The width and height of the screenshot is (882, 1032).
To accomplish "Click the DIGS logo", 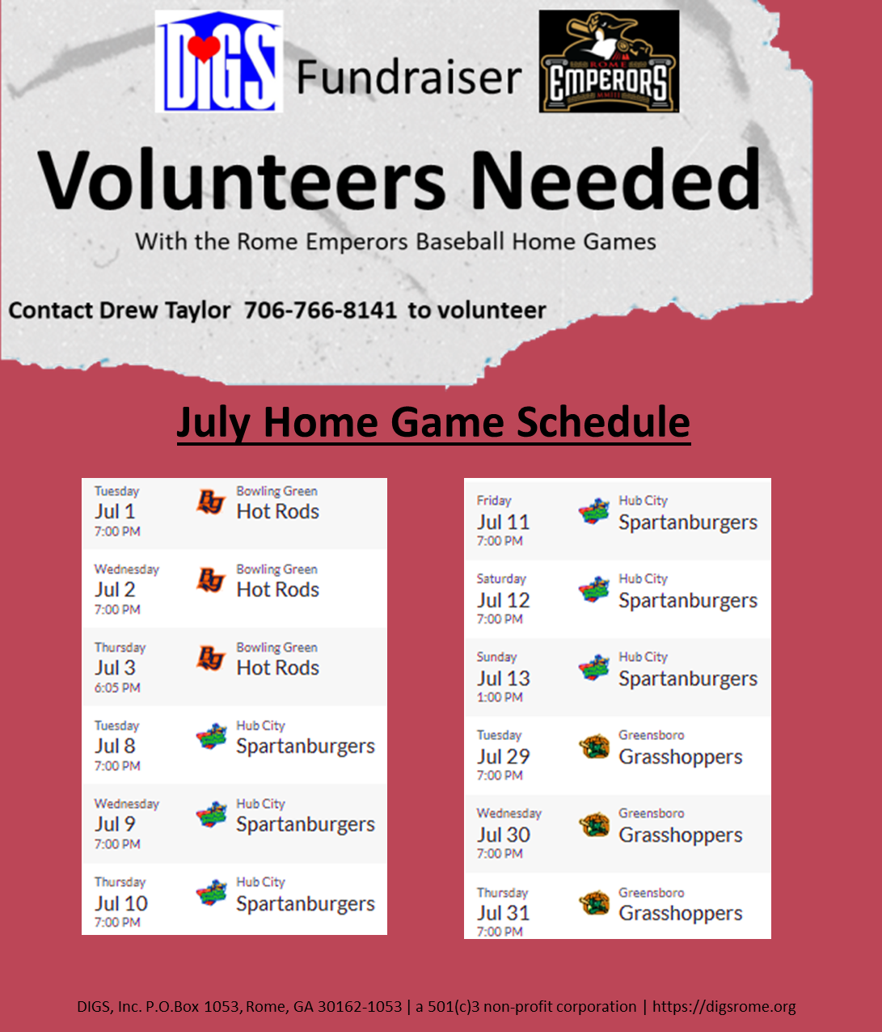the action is pos(218,61).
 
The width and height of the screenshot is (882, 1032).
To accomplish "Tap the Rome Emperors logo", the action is pos(609,61).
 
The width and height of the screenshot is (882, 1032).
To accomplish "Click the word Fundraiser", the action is pos(409,78).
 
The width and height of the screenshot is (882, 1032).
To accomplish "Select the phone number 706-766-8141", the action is pos(320,310).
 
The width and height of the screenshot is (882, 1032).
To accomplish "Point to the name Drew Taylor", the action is pos(165,311).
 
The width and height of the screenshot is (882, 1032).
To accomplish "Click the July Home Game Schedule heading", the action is pos(433,422).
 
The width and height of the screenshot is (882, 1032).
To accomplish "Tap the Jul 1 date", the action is pos(115,512).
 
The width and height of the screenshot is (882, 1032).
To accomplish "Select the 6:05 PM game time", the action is pos(117,687).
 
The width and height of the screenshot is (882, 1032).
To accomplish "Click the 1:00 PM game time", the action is pos(499,697).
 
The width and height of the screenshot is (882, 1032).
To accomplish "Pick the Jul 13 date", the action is pos(503,679).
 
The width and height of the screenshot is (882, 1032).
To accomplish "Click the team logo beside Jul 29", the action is pos(594,747).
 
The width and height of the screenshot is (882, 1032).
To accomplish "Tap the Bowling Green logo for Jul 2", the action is pos(211,581).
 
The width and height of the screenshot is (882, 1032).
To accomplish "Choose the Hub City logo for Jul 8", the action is pos(212,737).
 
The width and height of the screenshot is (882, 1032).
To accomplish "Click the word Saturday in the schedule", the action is pos(501,578).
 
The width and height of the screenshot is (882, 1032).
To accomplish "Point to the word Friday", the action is pos(494,501).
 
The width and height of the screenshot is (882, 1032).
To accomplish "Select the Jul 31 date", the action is pos(503,913).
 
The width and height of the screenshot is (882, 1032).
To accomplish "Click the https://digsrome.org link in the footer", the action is pos(724,1007).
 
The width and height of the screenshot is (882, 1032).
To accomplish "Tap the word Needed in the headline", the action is pos(616,180).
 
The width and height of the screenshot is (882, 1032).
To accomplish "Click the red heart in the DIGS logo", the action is pos(205,49).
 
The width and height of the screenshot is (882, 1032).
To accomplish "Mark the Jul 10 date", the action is pos(121,903).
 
